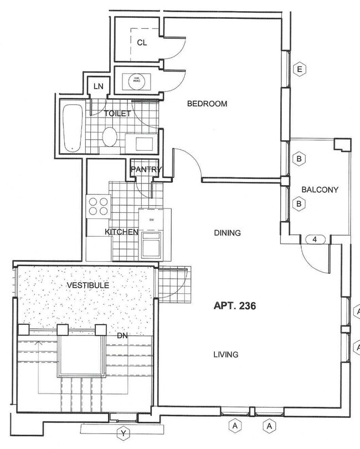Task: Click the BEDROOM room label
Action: [x=207, y=104]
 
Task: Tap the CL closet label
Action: [x=142, y=42]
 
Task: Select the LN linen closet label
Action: [x=99, y=86]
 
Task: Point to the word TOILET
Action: [x=117, y=114]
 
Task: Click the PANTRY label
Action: [x=146, y=170]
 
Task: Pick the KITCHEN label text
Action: [x=121, y=232]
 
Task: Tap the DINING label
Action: [x=227, y=233]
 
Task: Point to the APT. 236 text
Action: [x=234, y=305]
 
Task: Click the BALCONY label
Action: [x=320, y=190]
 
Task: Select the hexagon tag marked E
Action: [x=299, y=69]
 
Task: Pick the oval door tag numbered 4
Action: [x=313, y=239]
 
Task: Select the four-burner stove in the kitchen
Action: [x=99, y=206]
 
